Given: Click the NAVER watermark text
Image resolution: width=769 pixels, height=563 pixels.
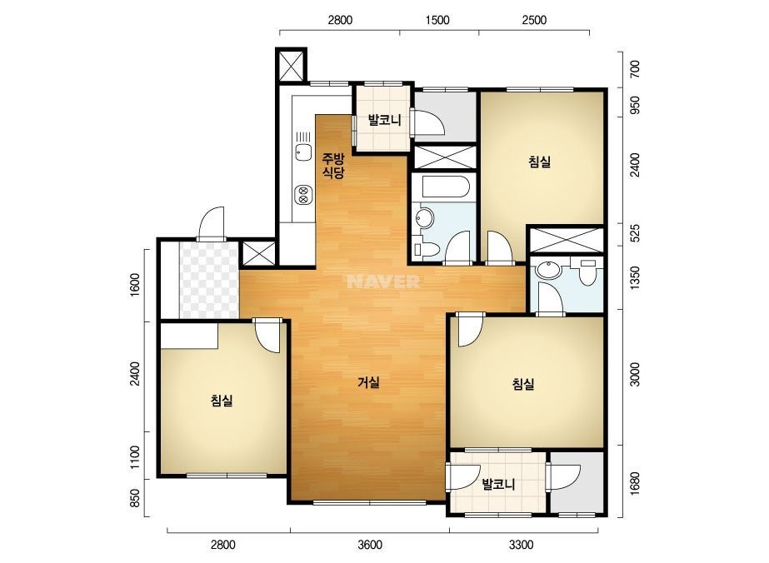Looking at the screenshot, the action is (383, 281).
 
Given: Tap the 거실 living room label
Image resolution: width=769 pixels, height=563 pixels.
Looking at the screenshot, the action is (368, 382).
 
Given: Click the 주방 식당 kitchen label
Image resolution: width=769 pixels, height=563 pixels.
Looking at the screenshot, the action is (333, 165).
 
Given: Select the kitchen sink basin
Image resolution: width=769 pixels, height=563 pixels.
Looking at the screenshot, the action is (303, 152).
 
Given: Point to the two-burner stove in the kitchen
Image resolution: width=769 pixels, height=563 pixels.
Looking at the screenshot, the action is (303, 195).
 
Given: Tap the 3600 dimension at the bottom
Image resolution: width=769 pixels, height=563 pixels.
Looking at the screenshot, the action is (370, 545).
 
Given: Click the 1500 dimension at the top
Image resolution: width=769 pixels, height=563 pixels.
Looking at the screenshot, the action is (437, 20).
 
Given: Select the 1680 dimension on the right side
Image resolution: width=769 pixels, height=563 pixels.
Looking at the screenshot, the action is (635, 484).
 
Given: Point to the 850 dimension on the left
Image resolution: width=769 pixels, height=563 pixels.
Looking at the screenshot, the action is (136, 498).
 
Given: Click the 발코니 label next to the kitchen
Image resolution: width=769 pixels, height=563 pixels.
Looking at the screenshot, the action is (385, 120).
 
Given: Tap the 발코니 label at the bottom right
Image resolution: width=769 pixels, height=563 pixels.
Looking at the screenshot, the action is (498, 485).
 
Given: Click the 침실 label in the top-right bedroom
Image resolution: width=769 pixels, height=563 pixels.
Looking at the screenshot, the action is (540, 162).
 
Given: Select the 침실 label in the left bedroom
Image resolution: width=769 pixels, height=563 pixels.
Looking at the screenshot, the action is (222, 401).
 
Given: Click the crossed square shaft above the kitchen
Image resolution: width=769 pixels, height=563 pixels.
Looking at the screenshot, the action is (291, 65).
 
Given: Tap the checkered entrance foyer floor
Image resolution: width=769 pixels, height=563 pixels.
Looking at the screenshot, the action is (209, 280).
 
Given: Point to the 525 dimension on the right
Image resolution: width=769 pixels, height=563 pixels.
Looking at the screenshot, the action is (635, 233).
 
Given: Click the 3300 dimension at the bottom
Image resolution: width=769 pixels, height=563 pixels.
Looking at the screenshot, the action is (521, 545).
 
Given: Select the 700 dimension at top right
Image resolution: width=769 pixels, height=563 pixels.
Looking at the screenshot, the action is (635, 69).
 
